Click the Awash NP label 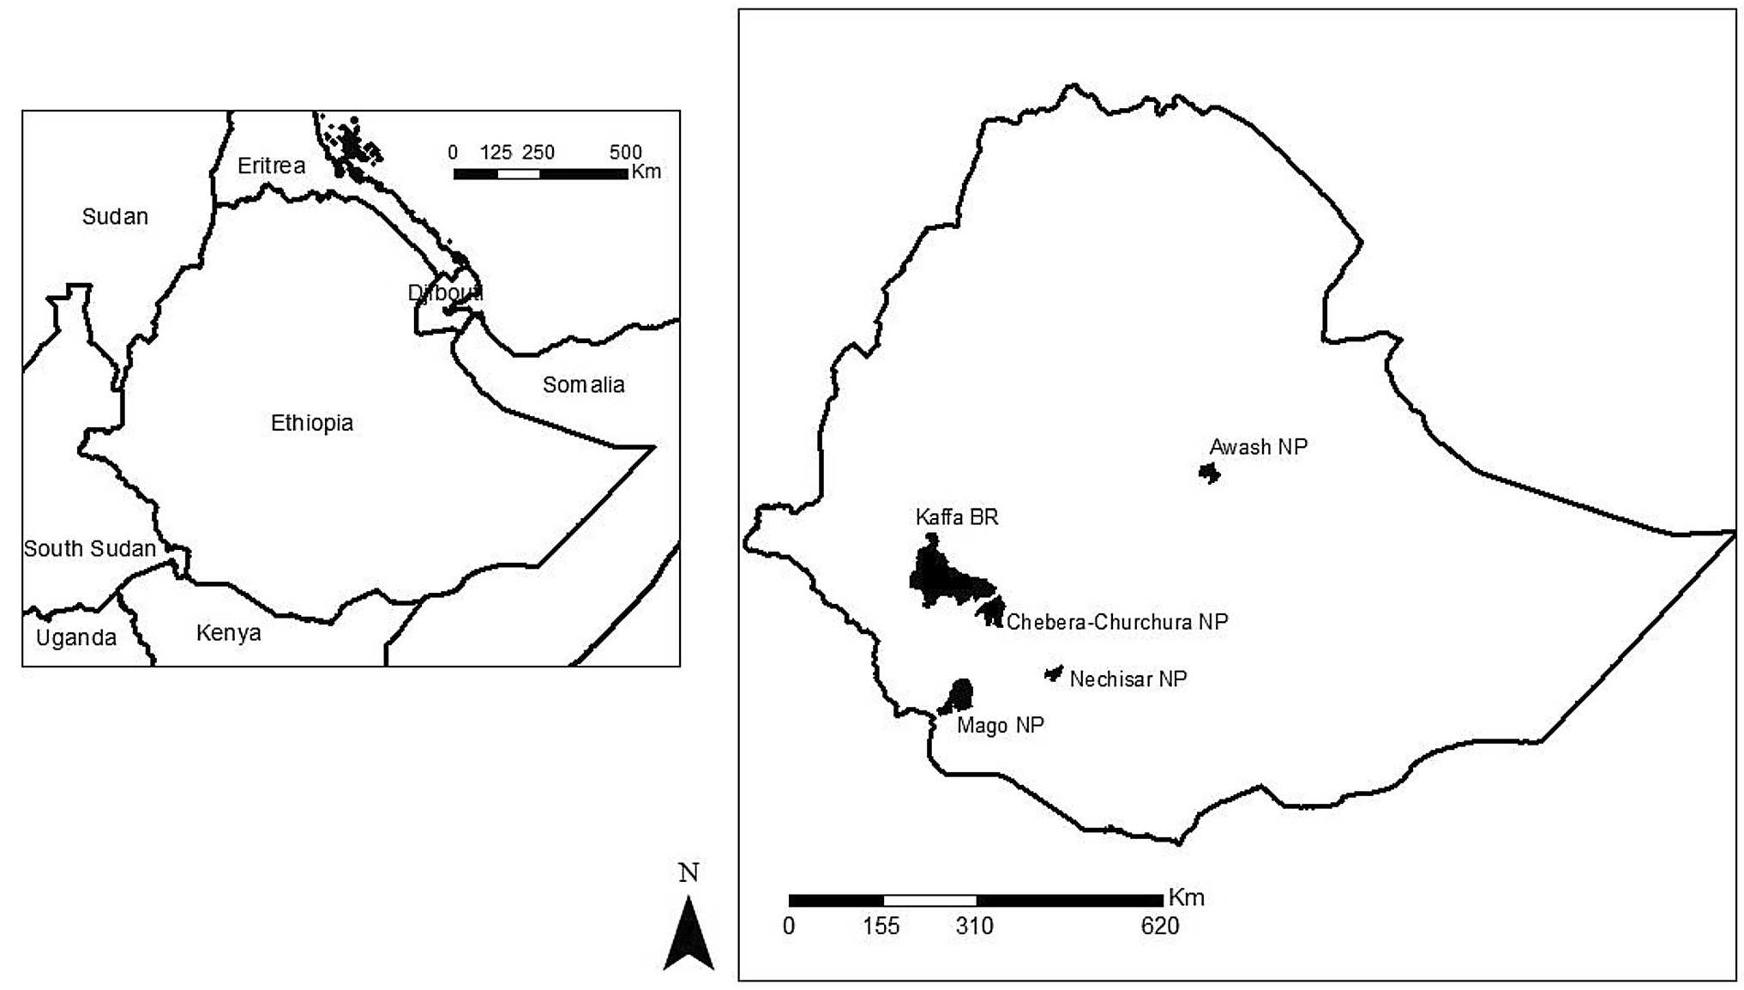pyautogui.click(x=1258, y=447)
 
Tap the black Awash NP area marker pyautogui.click(x=1210, y=473)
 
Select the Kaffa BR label pyautogui.click(x=957, y=517)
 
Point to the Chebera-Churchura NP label pyautogui.click(x=1117, y=622)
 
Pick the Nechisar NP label pyautogui.click(x=1128, y=679)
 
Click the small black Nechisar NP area pyautogui.click(x=1054, y=673)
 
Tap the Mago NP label pyautogui.click(x=1001, y=726)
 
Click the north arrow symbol pyautogui.click(x=689, y=934)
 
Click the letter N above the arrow pyautogui.click(x=689, y=873)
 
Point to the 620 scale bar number pyautogui.click(x=1159, y=927)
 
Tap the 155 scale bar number pyautogui.click(x=881, y=927)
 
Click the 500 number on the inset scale pyautogui.click(x=625, y=153)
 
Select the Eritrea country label pyautogui.click(x=271, y=166)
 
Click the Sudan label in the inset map pyautogui.click(x=115, y=217)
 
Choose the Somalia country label pyautogui.click(x=583, y=385)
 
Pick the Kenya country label pyautogui.click(x=228, y=633)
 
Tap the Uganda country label pyautogui.click(x=75, y=638)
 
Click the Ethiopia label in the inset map pyautogui.click(x=312, y=423)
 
